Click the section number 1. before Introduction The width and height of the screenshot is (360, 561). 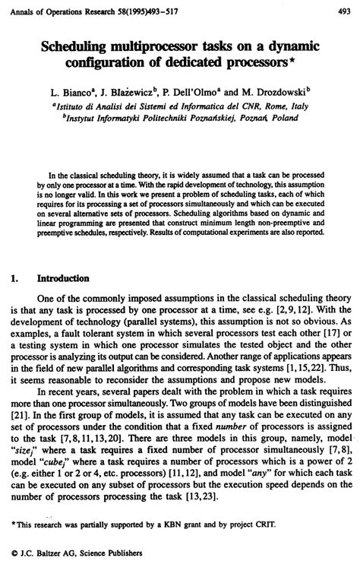[17, 278]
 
